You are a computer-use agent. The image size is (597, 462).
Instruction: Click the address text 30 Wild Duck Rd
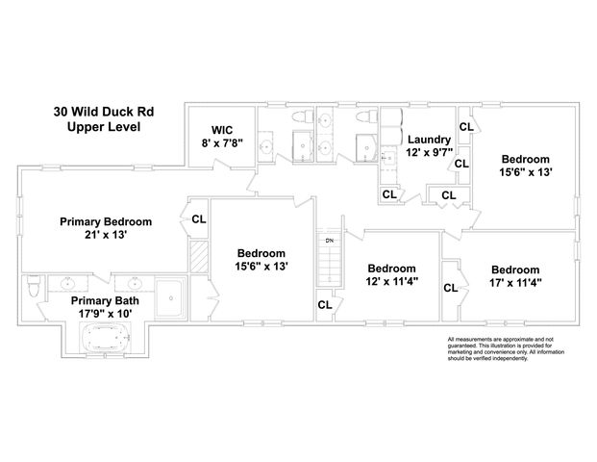tap(105, 111)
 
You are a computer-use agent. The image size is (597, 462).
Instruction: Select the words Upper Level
tap(105, 126)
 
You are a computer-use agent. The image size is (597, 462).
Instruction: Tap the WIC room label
tap(222, 128)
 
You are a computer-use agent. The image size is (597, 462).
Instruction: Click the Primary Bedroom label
tap(106, 221)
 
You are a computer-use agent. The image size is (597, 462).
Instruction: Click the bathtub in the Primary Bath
tap(103, 337)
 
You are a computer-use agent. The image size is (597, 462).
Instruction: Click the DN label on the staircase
tap(329, 240)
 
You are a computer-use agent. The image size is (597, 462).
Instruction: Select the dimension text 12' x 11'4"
tap(391, 283)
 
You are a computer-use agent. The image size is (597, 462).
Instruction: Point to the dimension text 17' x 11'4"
tap(515, 283)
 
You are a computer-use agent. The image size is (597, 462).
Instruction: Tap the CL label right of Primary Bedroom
tap(199, 219)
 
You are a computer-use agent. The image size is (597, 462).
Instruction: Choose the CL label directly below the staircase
tap(325, 305)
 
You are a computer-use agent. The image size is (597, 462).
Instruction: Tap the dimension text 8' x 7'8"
tap(222, 142)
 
